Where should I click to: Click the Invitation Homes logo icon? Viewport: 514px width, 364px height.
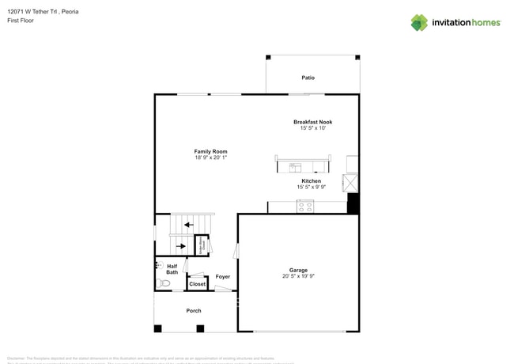(x=419, y=23)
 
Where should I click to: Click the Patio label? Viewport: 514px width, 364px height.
(x=308, y=78)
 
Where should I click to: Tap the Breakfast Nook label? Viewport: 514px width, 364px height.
(x=313, y=122)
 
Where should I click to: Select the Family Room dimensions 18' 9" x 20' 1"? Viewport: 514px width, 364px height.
(x=211, y=157)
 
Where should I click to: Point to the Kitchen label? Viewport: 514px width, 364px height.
(x=312, y=181)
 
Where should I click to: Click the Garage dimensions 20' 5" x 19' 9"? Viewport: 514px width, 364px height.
(x=298, y=276)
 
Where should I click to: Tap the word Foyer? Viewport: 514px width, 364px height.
(x=223, y=277)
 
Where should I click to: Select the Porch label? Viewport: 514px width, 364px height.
(x=194, y=311)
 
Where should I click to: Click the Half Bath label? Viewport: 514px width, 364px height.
(x=172, y=269)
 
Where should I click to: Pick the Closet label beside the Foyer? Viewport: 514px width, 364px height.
(x=198, y=284)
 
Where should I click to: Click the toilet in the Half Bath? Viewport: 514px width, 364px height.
(x=164, y=283)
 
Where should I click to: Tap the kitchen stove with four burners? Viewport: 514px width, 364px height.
(x=305, y=207)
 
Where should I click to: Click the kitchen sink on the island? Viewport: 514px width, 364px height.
(x=295, y=168)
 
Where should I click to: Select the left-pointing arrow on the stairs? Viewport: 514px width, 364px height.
(x=188, y=225)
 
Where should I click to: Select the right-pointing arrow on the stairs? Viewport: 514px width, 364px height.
(x=181, y=246)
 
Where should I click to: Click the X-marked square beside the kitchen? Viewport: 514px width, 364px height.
(x=350, y=184)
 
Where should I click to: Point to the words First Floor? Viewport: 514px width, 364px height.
(x=21, y=21)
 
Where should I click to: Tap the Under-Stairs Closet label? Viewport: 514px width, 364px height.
(x=202, y=246)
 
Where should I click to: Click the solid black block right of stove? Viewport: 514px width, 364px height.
(x=353, y=203)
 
